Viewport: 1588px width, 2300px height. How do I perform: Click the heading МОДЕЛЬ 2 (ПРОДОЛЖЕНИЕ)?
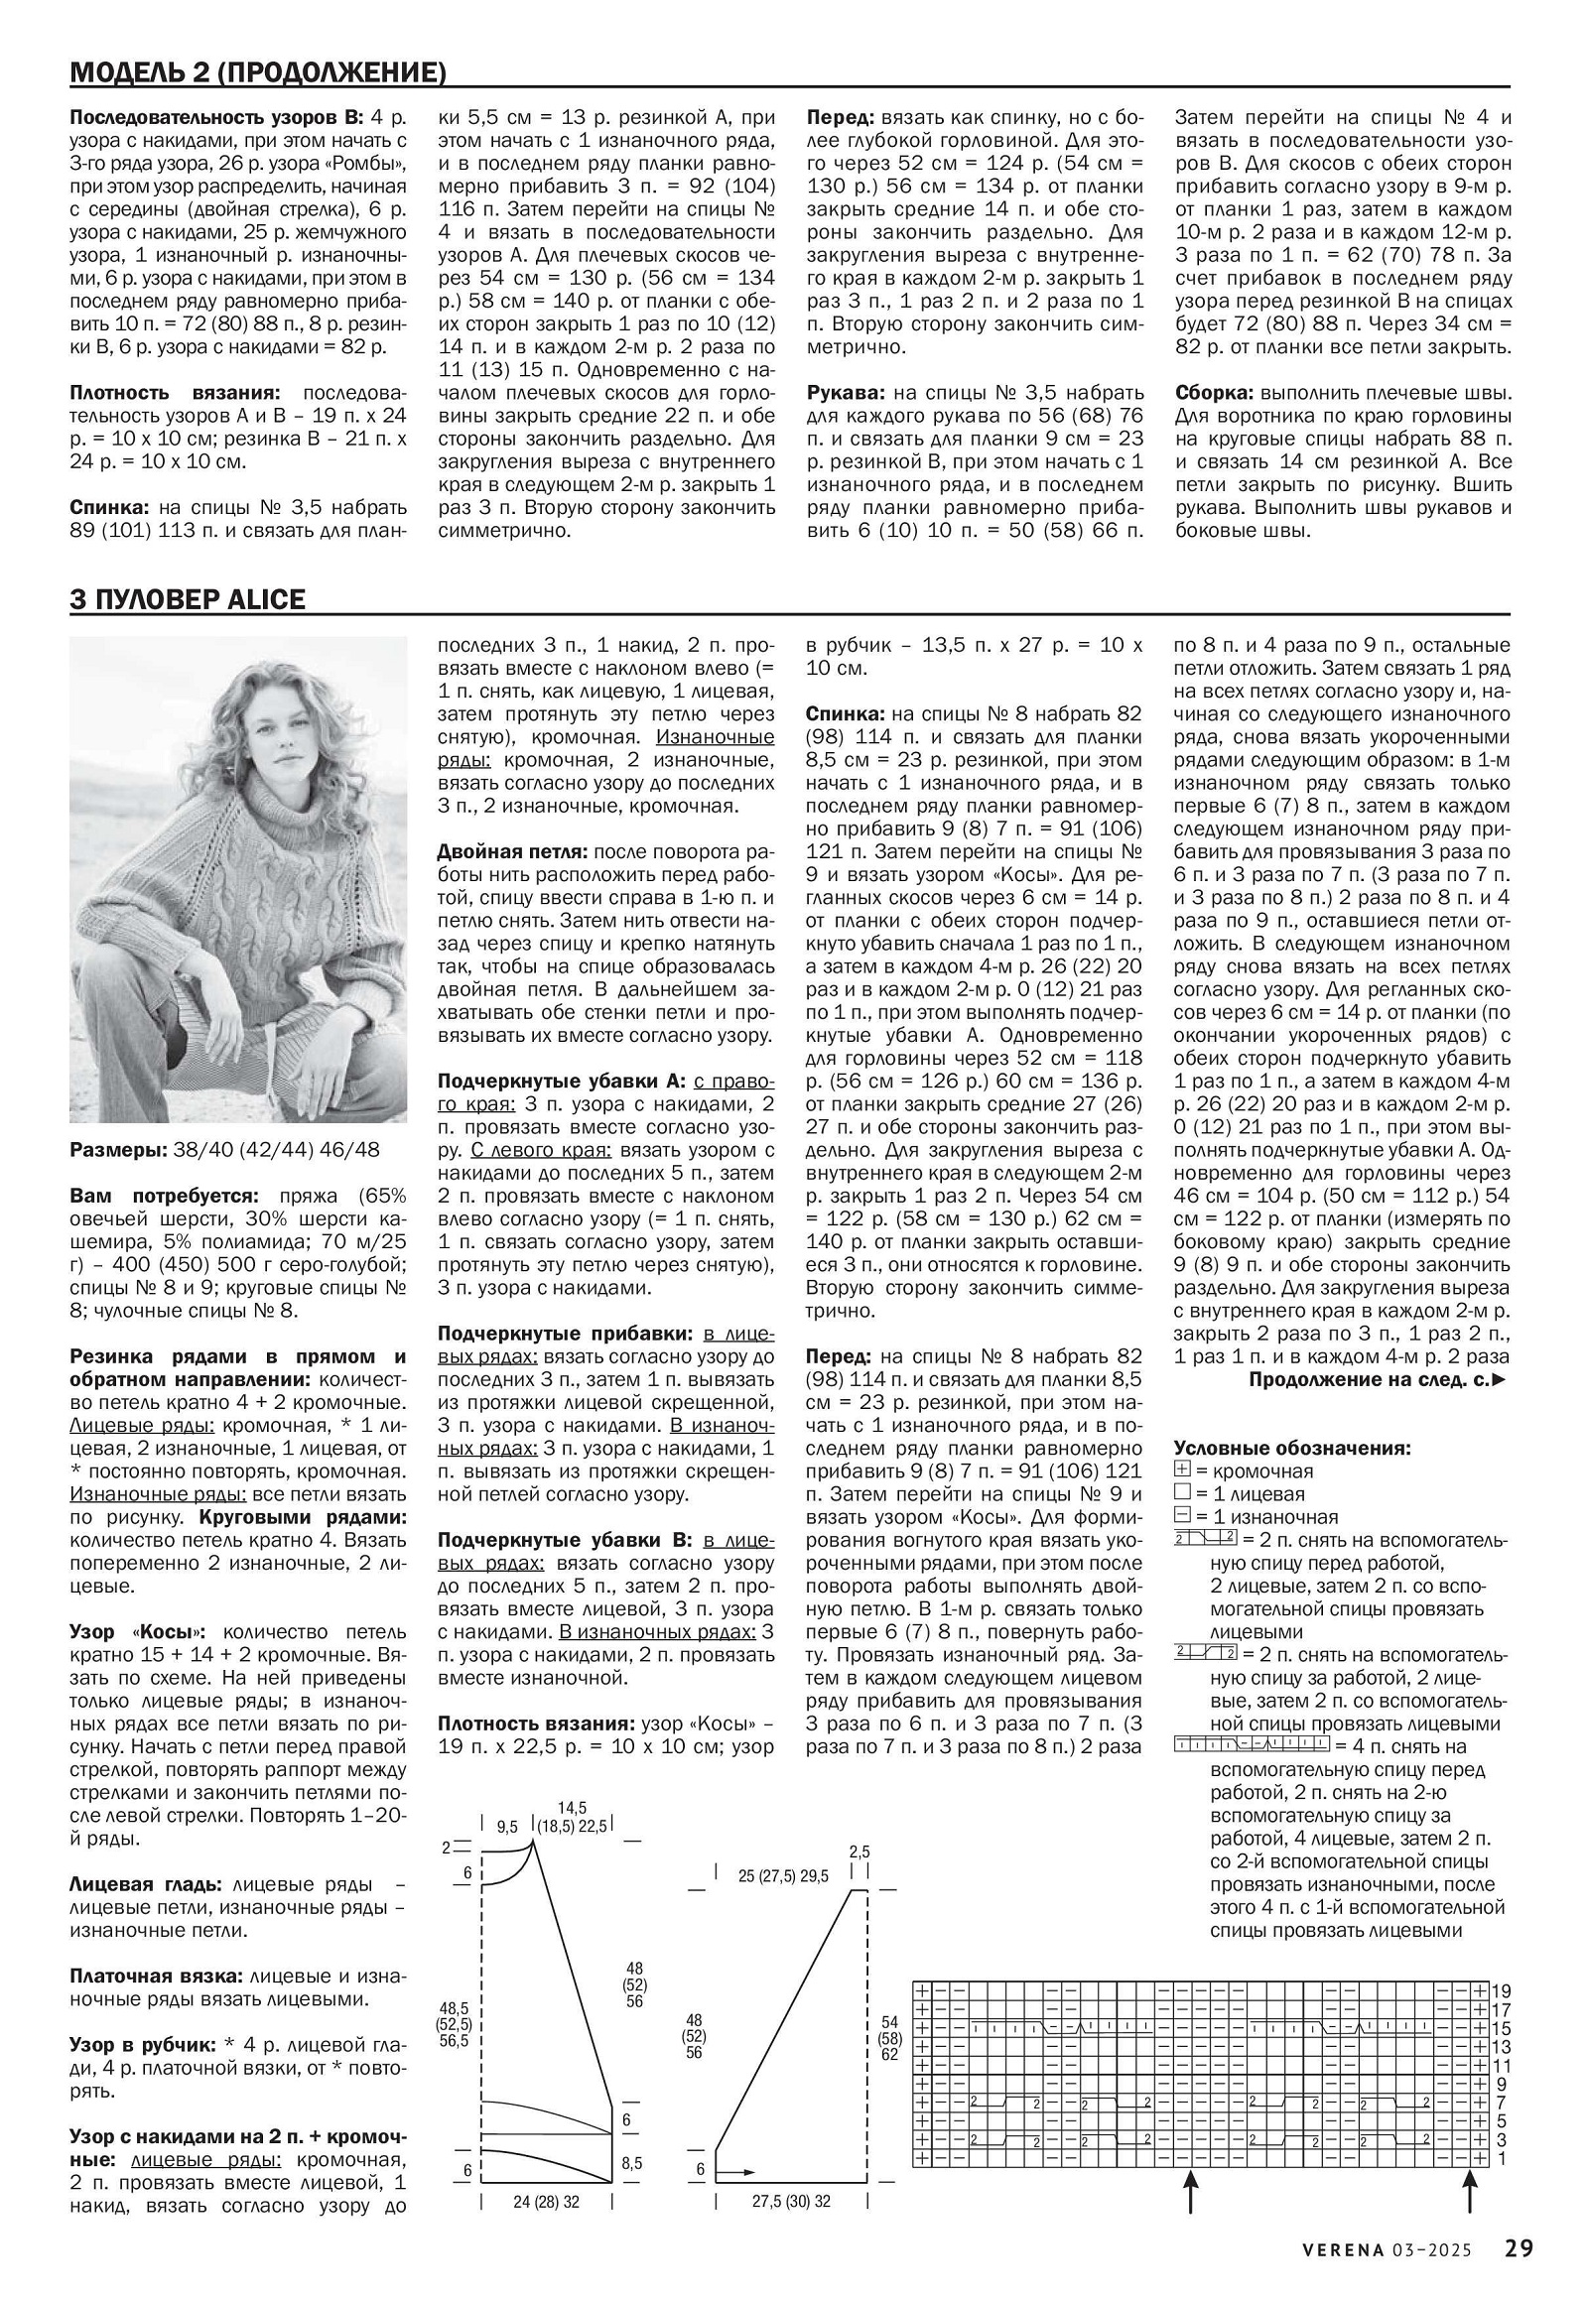[x=258, y=72]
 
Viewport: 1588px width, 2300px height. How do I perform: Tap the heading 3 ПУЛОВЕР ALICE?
[x=187, y=600]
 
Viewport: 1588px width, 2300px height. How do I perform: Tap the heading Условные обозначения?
[x=1291, y=1449]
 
